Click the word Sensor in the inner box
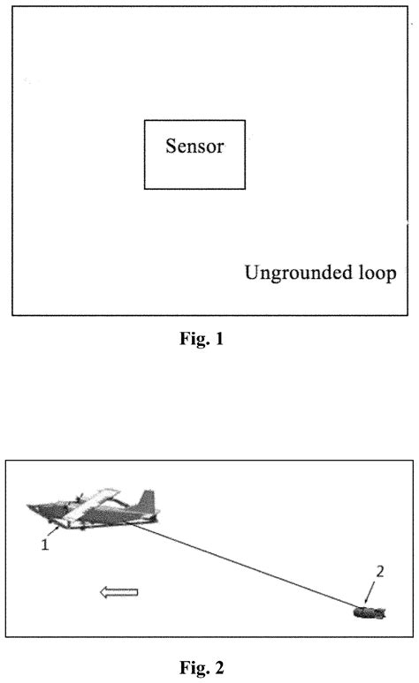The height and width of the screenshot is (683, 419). point(194,146)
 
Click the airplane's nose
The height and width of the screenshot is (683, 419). point(34,509)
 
